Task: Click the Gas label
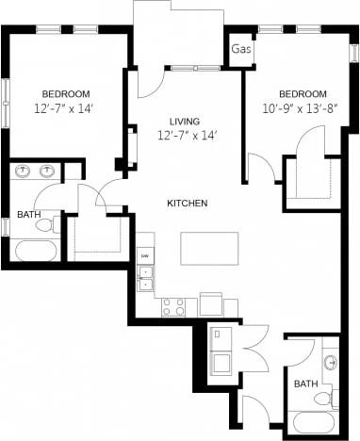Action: point(240,49)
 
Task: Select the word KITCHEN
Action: point(188,204)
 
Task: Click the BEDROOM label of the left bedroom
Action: point(65,93)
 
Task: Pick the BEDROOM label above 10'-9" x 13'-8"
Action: point(302,94)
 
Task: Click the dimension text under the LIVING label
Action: point(187,137)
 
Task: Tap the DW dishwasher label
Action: point(144,256)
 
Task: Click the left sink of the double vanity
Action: point(25,171)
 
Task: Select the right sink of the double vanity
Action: point(46,171)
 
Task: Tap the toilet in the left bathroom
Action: point(56,225)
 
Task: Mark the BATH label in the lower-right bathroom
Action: point(304,384)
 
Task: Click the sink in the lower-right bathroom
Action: point(331,363)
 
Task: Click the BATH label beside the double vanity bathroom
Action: point(28,215)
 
